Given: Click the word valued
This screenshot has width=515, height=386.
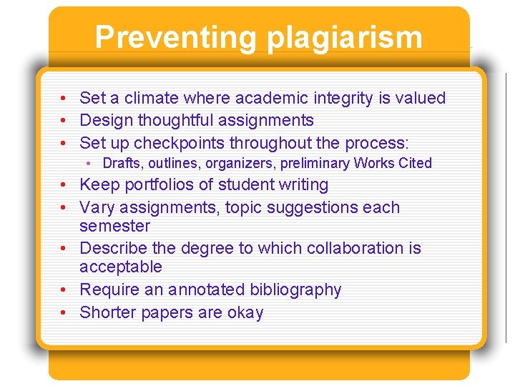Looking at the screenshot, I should tap(421, 98).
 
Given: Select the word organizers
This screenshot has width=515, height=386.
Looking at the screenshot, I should tap(237, 163).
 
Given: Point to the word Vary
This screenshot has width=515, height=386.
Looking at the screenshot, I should tap(95, 207).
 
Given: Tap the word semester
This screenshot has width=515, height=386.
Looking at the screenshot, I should tap(114, 226).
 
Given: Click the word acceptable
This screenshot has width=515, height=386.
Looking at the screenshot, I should tap(121, 267).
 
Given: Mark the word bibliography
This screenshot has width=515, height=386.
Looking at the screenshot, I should tap(295, 289).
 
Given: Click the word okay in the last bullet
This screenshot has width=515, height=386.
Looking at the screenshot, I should tap(245, 312).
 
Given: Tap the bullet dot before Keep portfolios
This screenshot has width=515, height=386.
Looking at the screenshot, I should tap(64, 185).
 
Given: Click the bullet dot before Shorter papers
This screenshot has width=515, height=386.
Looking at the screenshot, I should tap(64, 313).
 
